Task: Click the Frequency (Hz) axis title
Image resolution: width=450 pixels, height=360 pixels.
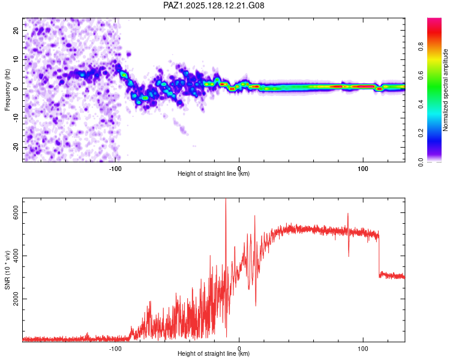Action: (x=8, y=89)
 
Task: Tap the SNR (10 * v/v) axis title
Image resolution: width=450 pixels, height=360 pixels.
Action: (x=8, y=269)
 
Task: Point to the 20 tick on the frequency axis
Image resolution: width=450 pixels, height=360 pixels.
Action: (x=16, y=30)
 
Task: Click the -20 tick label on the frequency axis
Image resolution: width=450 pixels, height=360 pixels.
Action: (x=15, y=147)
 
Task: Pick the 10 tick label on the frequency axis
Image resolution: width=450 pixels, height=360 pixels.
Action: (x=16, y=59)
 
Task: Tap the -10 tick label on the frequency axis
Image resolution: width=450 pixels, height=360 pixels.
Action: (x=15, y=118)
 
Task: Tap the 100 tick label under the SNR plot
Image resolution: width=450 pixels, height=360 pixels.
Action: (x=363, y=349)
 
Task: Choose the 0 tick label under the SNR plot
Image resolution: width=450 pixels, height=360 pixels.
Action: (x=239, y=349)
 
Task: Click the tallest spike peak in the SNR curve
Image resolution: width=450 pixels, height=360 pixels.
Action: (x=226, y=200)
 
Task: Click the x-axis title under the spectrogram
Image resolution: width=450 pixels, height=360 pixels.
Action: (x=214, y=174)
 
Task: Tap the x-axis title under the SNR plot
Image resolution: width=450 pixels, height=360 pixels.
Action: (x=214, y=354)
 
